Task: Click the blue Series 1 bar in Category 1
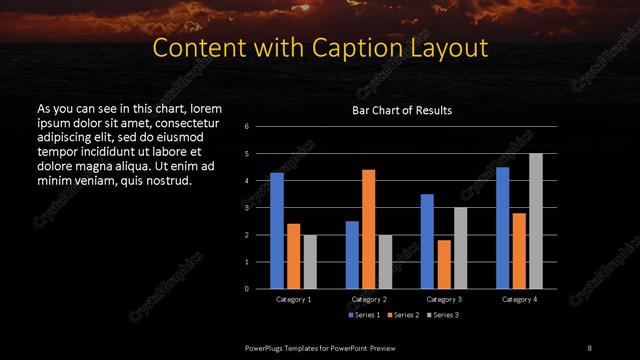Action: point(277,231)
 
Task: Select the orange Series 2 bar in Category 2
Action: point(368,229)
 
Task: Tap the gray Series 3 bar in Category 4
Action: point(536,221)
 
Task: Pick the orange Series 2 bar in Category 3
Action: point(443,264)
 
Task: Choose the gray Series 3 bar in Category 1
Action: point(310,262)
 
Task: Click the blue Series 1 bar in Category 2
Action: point(352,255)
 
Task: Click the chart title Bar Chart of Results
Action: point(402,110)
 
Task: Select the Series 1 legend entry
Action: point(364,315)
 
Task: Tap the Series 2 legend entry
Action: point(403,315)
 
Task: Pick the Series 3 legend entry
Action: point(443,315)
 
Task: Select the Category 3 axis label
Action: point(444,299)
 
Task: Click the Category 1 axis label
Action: point(294,299)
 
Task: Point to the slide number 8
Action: point(589,347)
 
